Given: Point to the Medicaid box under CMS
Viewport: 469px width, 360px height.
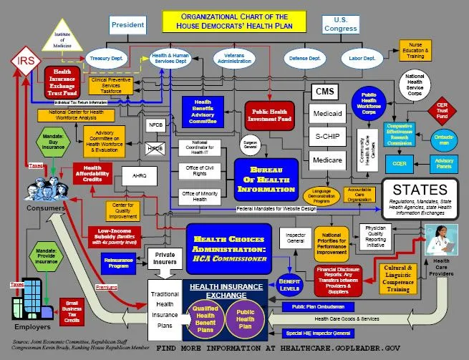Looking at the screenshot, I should point(327,112).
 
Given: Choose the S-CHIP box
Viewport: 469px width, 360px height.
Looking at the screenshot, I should point(327,135).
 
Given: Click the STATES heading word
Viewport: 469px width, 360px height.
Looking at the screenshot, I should point(420,190).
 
